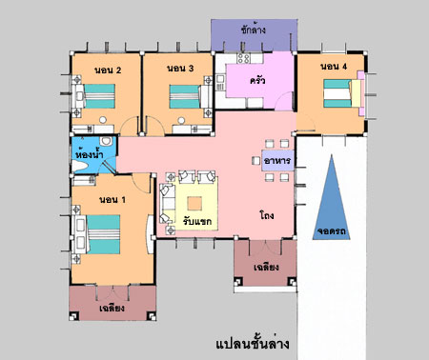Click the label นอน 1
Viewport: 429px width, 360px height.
[112, 200]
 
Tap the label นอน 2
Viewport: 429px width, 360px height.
[108, 70]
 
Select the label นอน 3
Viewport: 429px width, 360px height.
[180, 69]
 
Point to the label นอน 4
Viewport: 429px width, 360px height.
[334, 67]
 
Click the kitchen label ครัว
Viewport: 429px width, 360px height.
[257, 80]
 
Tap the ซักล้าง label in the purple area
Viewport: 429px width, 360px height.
[254, 30]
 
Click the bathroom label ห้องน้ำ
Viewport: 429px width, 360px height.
[91, 154]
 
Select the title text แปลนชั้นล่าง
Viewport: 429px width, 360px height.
[253, 344]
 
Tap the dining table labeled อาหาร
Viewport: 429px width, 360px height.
[277, 161]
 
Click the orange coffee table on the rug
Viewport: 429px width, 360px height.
[194, 204]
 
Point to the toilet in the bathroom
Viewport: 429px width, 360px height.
[106, 141]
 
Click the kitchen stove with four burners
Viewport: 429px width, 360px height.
[244, 58]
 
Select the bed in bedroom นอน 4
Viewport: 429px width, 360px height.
[342, 93]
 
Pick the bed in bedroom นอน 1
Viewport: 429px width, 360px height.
[98, 234]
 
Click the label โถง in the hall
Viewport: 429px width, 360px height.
[267, 216]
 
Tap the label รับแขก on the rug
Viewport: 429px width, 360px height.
[197, 221]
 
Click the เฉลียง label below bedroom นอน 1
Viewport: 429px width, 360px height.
[112, 308]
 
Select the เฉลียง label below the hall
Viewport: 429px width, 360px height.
[266, 268]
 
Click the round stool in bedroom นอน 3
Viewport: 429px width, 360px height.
[181, 120]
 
